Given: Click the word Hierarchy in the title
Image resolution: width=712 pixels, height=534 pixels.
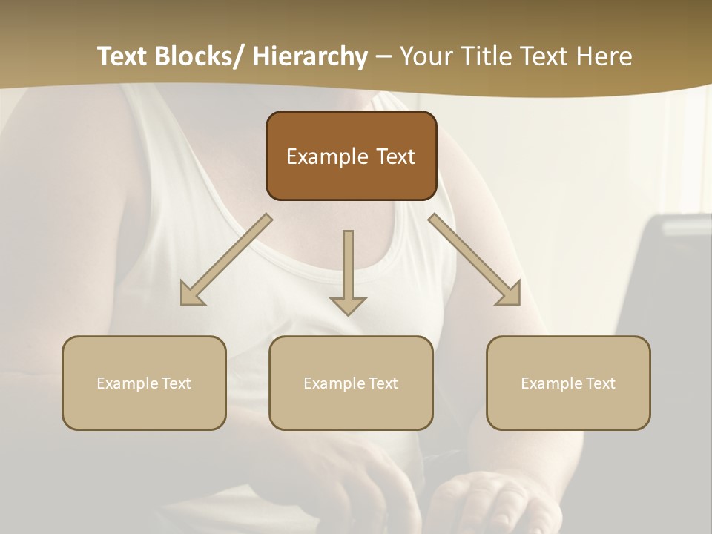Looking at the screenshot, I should point(310,57).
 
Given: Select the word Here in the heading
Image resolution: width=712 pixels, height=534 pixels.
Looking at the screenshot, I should point(604,57).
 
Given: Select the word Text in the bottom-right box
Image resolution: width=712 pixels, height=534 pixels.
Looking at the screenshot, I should point(601,383).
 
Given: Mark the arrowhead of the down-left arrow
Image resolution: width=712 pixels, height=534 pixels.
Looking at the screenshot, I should point(191,294).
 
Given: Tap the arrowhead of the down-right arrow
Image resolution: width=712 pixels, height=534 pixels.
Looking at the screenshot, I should point(510,294).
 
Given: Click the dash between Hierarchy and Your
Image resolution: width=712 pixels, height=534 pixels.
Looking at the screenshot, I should point(383,57).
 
